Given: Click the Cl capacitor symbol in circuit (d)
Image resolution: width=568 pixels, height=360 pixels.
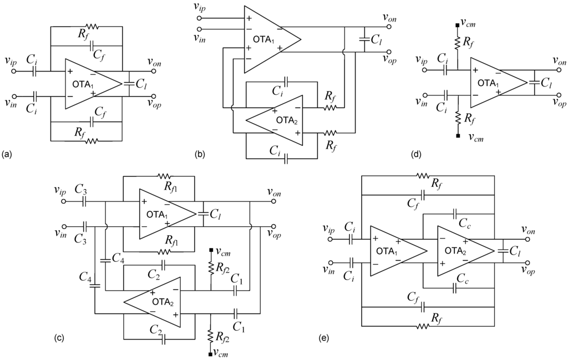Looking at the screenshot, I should (535, 83).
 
